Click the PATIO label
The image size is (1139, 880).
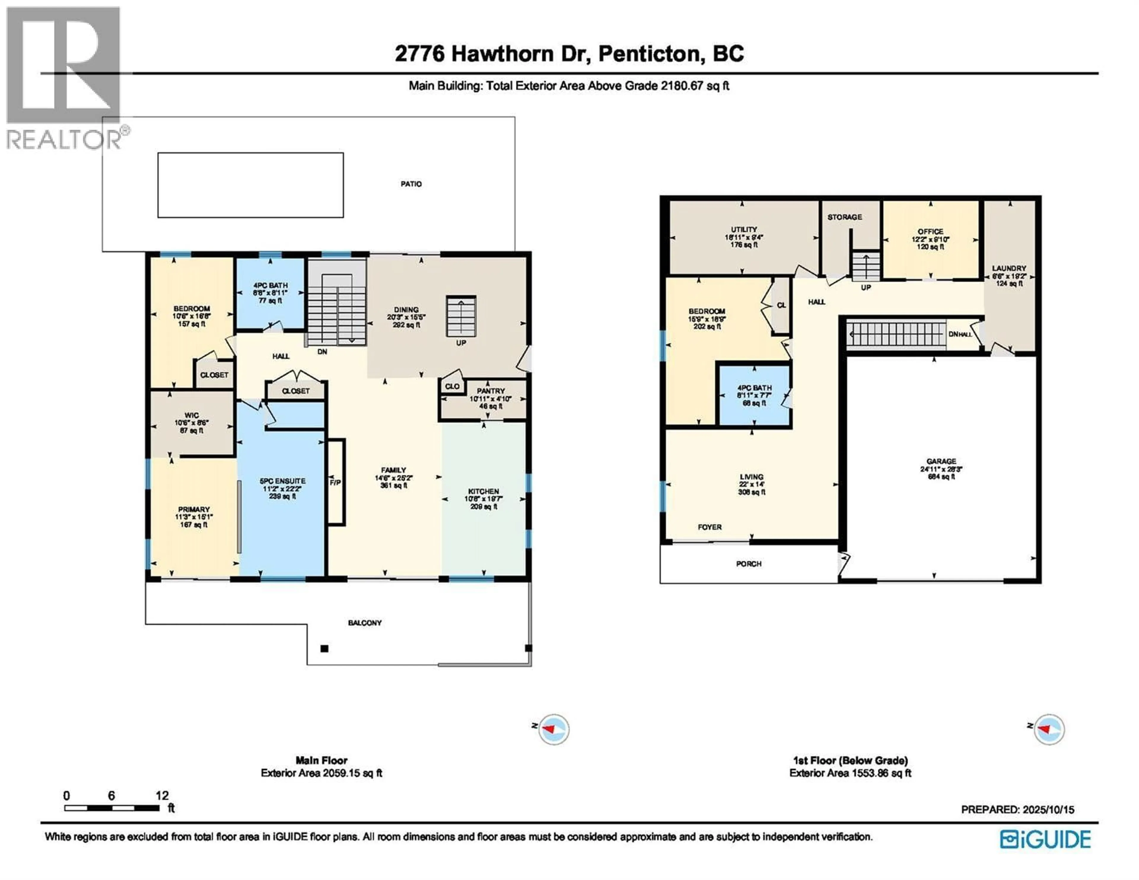(411, 184)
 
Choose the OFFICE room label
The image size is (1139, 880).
(930, 232)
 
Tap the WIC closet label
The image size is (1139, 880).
(191, 415)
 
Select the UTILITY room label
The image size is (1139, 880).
(744, 229)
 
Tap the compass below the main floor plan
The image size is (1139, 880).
(553, 729)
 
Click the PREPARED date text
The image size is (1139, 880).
(1017, 810)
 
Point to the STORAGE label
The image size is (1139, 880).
(844, 217)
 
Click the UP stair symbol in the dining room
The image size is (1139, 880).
(461, 316)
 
